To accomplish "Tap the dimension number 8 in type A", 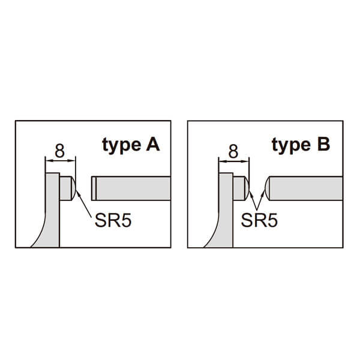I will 59,151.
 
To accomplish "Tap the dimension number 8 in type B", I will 233,151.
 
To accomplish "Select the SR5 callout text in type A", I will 113,220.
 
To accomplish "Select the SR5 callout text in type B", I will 260,220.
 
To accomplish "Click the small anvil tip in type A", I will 67,187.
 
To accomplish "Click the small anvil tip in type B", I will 240,187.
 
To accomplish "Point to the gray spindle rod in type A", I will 132,187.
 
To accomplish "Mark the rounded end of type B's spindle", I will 268,187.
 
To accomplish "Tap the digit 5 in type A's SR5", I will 125,220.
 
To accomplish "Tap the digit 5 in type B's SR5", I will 272,220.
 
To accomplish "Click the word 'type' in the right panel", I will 292,146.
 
